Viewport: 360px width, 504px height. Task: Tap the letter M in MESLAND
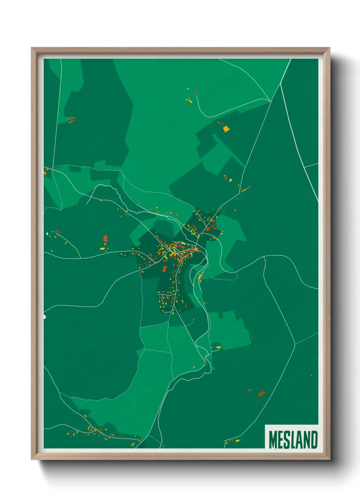pyautogui.click(x=273, y=440)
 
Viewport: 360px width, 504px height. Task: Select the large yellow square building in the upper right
pyautogui.click(x=226, y=129)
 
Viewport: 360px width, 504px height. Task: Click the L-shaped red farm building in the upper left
pyautogui.click(x=71, y=120)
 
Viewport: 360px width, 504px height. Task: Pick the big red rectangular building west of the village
pyautogui.click(x=105, y=238)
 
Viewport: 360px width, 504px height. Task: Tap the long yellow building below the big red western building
pyautogui.click(x=102, y=249)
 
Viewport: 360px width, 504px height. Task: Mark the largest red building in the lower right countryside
pyautogui.click(x=261, y=394)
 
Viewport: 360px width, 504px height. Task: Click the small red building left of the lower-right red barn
pyautogui.click(x=249, y=390)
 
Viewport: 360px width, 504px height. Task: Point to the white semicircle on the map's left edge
pyautogui.click(x=45, y=317)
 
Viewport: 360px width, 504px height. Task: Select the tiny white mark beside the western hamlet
pyautogui.click(x=47, y=234)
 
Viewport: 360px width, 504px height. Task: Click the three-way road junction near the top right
pyautogui.click(x=271, y=101)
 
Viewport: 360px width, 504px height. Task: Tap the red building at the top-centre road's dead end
pyautogui.click(x=196, y=92)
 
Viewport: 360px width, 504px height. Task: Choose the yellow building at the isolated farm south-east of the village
pyautogui.click(x=218, y=347)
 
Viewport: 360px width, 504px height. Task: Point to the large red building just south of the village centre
pyautogui.click(x=165, y=268)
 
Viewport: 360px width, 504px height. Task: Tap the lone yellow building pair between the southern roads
pyautogui.click(x=194, y=367)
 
